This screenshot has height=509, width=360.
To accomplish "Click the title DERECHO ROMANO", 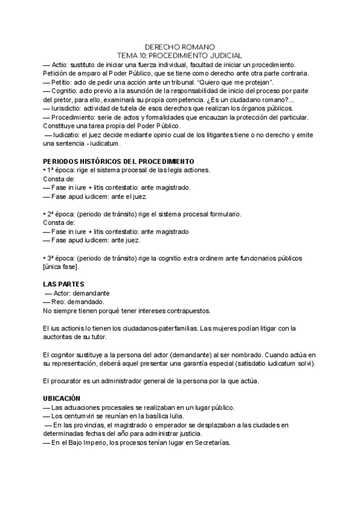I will tap(180, 46).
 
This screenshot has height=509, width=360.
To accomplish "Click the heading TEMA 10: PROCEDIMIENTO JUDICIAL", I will tap(180, 55).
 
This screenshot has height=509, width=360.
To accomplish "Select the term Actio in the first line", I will tap(61, 64).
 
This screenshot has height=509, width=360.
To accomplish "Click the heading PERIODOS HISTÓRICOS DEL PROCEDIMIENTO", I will tap(118, 161).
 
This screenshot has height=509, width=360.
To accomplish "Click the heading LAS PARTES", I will tap(64, 284).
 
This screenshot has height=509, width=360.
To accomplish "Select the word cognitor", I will tap(65, 355).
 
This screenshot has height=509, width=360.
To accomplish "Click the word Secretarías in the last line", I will tap(209, 442).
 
